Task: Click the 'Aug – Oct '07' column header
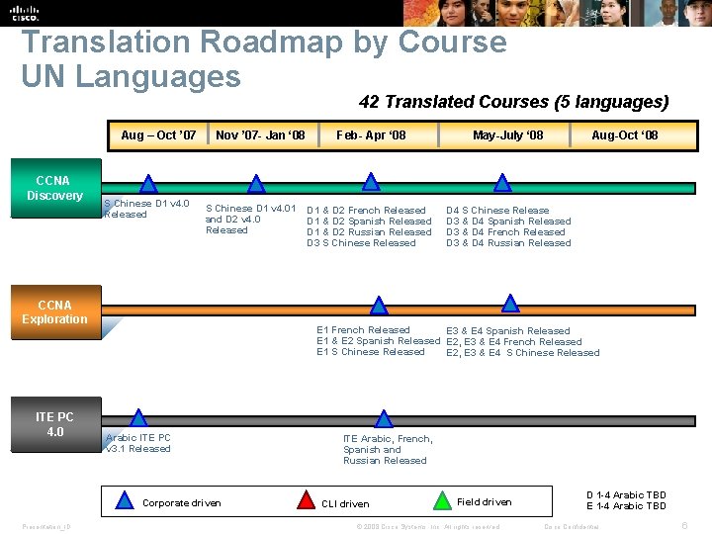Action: tap(158, 134)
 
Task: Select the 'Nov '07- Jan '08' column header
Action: tap(260, 134)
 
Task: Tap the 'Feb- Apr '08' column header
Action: tap(371, 134)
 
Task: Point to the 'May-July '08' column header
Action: tap(507, 134)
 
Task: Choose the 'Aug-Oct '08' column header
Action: tap(624, 134)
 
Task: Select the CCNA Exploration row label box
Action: tap(54, 312)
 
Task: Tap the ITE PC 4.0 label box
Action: tap(54, 424)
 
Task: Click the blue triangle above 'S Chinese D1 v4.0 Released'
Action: tap(147, 183)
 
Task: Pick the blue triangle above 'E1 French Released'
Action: tap(378, 306)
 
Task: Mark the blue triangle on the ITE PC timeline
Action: tap(138, 419)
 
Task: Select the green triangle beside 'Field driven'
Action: tap(442, 501)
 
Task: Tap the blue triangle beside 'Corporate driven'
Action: tap(125, 501)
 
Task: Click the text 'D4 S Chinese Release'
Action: tap(497, 210)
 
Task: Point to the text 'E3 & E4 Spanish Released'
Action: tap(508, 331)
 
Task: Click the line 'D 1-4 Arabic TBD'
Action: tap(626, 495)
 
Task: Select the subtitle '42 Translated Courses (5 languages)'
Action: tap(513, 102)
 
